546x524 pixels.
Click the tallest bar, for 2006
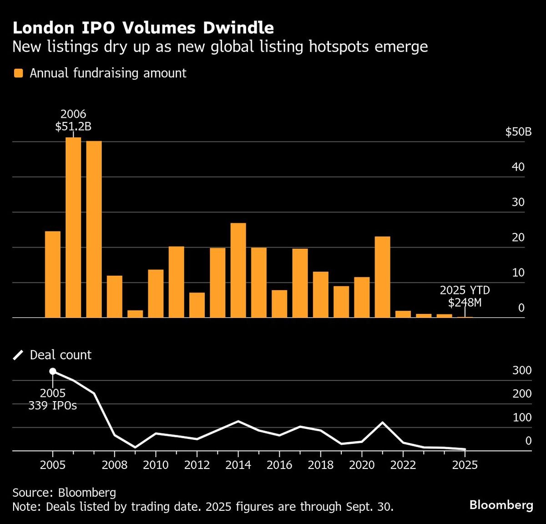click(73, 227)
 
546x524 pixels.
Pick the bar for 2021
click(382, 277)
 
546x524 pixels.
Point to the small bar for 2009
click(135, 314)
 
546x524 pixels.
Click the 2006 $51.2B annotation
click(73, 120)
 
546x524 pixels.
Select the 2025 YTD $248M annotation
click(465, 296)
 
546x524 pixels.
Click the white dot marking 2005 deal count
click(53, 372)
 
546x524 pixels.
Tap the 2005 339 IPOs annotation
click(53, 399)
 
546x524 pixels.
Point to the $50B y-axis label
click(518, 132)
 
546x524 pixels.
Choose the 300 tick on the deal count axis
click(522, 370)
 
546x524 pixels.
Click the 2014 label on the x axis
click(238, 465)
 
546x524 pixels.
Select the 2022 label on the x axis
click(403, 465)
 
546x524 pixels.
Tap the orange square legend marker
click(19, 73)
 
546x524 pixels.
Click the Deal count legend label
click(61, 355)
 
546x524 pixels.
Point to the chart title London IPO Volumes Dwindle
click(143, 28)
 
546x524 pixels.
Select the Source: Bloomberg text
click(64, 492)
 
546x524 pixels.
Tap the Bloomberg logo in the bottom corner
click(501, 504)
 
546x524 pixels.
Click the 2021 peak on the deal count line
click(382, 423)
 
